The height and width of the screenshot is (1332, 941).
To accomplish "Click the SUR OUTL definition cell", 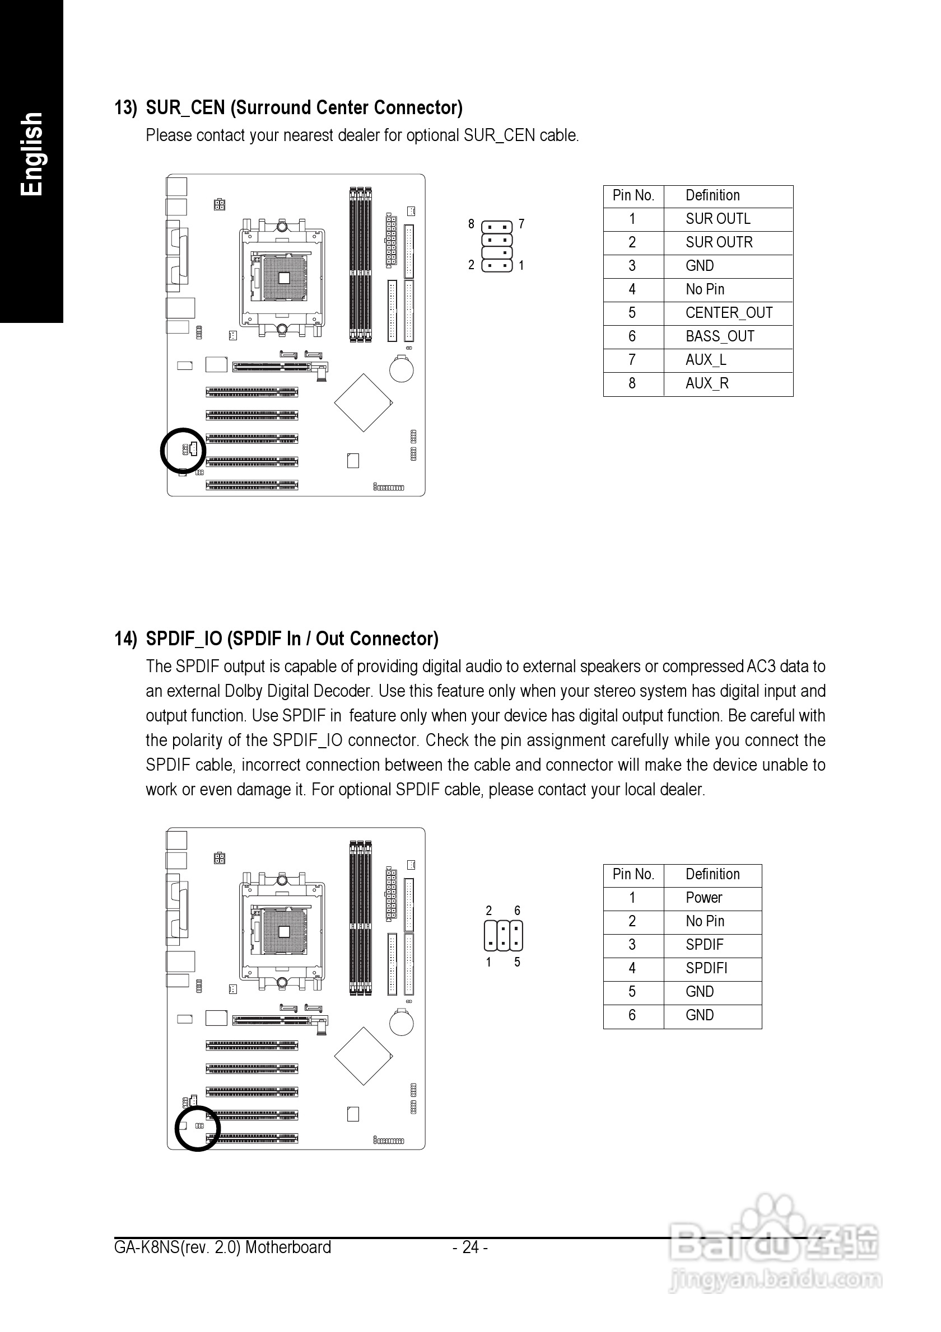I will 718,219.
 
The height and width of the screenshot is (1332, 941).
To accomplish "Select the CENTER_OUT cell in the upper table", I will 729,313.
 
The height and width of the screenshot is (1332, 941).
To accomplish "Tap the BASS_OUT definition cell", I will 719,337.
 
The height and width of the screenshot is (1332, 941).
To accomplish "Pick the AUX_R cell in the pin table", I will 706,384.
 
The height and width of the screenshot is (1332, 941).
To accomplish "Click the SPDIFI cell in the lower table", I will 706,968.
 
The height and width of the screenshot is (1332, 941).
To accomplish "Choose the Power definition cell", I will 704,898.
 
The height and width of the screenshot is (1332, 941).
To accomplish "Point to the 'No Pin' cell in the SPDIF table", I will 705,921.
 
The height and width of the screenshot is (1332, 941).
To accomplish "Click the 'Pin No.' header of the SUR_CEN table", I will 633,196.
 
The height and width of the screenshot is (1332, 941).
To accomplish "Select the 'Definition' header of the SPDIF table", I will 712,875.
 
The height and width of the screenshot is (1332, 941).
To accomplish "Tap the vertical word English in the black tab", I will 31,154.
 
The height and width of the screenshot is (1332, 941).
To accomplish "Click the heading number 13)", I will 125,109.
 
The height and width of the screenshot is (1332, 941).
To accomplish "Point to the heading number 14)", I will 125,639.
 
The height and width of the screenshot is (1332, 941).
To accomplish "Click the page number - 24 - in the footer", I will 470,1247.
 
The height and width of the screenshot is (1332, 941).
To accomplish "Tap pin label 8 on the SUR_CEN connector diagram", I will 472,224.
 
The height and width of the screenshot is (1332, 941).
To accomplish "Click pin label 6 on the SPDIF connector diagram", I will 517,911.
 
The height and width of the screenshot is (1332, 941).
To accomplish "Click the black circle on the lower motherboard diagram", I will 198,1128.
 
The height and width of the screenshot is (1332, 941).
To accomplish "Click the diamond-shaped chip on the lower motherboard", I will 364,1056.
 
